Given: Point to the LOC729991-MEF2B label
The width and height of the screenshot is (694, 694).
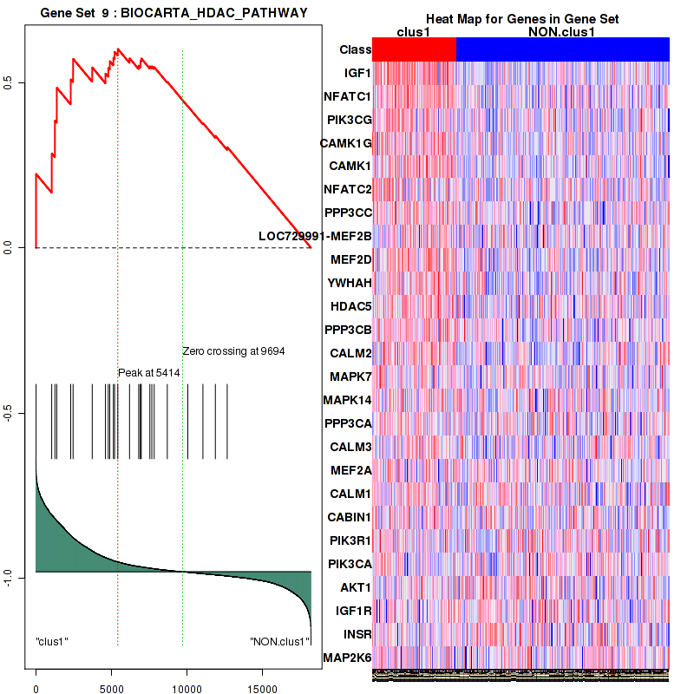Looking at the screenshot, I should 315,236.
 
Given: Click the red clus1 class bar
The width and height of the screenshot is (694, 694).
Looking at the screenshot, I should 413,50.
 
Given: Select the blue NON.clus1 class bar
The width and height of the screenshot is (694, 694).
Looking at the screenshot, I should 562,50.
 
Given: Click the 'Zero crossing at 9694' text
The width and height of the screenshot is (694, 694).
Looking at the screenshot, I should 233,351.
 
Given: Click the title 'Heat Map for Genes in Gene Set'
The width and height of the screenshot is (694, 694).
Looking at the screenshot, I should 522,19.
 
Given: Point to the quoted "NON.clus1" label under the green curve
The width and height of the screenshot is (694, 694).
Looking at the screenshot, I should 279,642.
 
